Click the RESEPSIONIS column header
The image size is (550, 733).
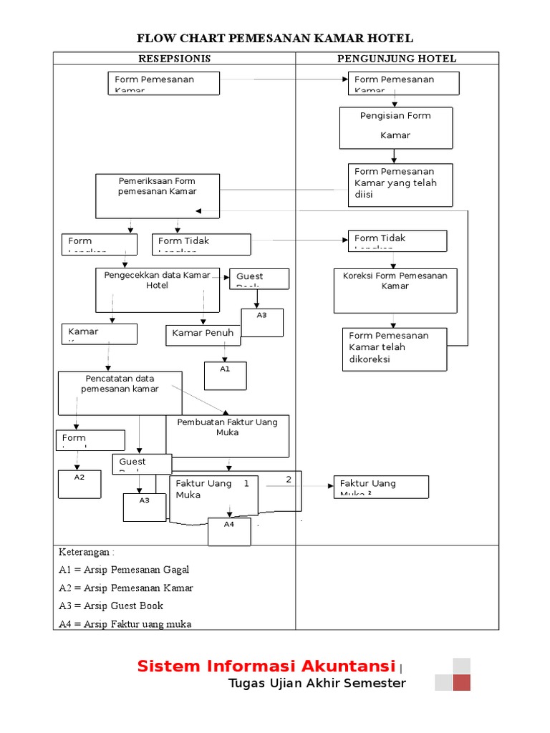[174, 59]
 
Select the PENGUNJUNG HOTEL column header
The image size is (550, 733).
[397, 59]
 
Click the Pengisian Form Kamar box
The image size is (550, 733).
[395, 127]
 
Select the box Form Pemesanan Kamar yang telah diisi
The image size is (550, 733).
[400, 185]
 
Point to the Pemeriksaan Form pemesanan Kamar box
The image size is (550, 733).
[158, 195]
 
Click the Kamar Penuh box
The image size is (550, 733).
[203, 334]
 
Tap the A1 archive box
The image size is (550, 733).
[225, 375]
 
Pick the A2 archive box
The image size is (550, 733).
[79, 483]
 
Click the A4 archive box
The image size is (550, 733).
[229, 531]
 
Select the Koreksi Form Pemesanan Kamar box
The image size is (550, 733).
[395, 290]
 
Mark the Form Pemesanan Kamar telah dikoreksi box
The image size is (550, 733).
[394, 349]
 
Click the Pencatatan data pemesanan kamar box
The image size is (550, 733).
[120, 392]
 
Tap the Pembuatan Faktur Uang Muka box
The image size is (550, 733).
[228, 435]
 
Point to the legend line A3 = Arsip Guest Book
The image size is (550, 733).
[111, 606]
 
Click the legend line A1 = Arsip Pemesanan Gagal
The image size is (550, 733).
[124, 570]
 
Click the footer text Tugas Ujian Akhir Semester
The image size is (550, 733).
[317, 683]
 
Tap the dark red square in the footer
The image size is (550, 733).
[461, 682]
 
